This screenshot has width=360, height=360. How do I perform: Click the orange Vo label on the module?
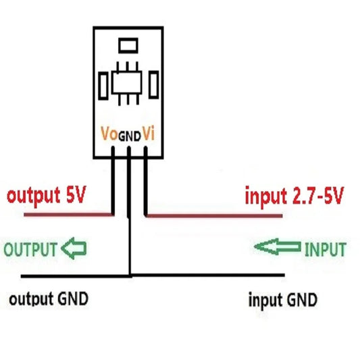coord(108,134)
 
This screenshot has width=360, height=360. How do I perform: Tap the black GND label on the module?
coord(130,136)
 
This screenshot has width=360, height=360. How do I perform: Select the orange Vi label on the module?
coord(149,134)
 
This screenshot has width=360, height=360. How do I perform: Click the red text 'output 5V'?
coord(46,197)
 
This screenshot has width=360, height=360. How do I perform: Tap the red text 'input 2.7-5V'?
coord(294,197)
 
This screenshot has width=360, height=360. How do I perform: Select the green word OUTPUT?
coord(30,249)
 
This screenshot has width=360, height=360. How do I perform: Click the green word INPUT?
coord(325,249)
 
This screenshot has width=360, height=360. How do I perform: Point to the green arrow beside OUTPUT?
coord(74,249)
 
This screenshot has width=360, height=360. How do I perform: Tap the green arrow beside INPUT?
coord(277,248)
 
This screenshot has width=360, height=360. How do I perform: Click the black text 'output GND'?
coord(48,299)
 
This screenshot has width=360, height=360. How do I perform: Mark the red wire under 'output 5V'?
coord(68,215)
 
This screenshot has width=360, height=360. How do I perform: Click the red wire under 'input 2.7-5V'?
coord(216,216)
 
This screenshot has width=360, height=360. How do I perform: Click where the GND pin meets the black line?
coord(130,276)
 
